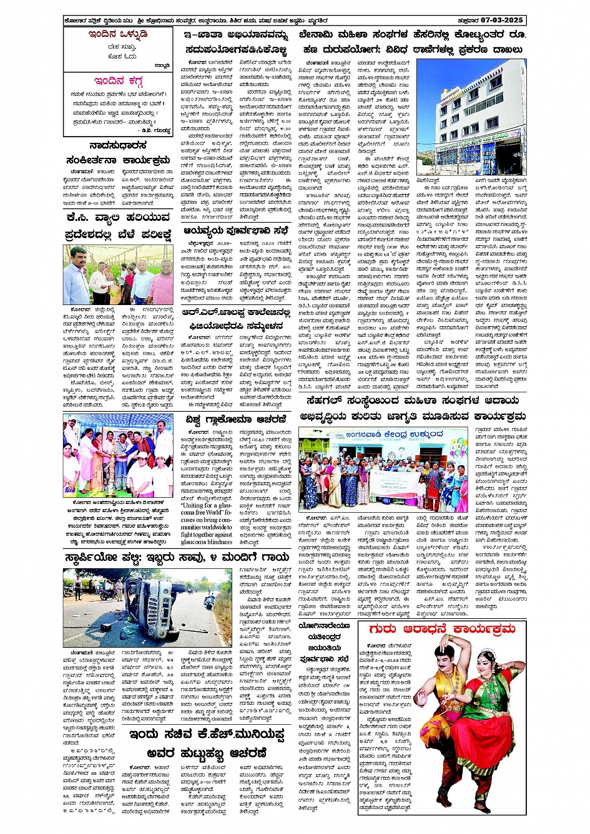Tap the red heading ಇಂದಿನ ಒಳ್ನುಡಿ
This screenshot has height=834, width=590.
[x=118, y=34]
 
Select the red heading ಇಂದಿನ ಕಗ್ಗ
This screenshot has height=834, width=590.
[x=118, y=81]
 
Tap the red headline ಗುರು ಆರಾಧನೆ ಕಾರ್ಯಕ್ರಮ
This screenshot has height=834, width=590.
[x=442, y=629]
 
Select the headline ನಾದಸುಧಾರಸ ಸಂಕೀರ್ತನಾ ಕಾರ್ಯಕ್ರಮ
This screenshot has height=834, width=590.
[x=118, y=153]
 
